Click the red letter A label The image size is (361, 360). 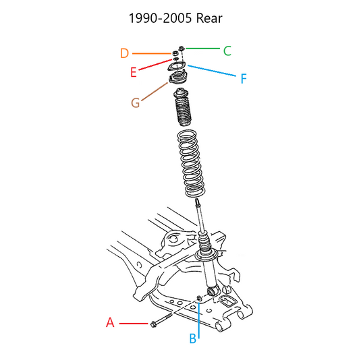[x=110, y=322]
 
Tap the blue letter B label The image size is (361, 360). [x=193, y=338]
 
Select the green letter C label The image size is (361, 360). [x=227, y=51]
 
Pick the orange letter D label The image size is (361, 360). [x=124, y=53]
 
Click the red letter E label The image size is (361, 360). [x=134, y=72]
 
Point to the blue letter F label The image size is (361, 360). [x=244, y=78]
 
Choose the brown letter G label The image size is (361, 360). [x=136, y=102]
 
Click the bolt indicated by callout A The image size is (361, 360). [x=161, y=320]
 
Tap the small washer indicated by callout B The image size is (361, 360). [x=199, y=299]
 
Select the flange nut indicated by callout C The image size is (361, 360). [x=182, y=49]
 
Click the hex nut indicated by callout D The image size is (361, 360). [x=175, y=53]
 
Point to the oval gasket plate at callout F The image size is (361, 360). [x=177, y=67]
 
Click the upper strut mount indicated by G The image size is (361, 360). [x=178, y=78]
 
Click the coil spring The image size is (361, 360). [x=191, y=164]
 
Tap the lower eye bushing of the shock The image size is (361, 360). [x=212, y=292]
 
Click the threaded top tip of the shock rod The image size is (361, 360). [x=197, y=203]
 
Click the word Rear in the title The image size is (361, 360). [x=209, y=18]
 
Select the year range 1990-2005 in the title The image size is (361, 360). [x=160, y=18]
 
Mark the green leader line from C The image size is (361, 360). [x=203, y=49]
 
